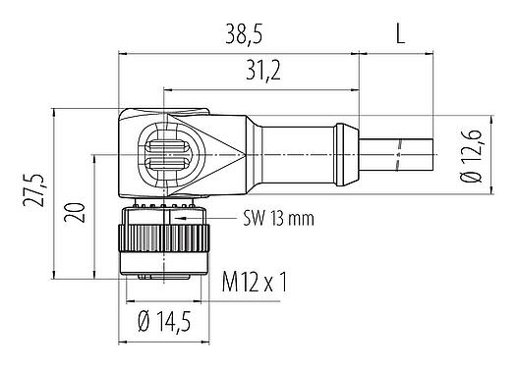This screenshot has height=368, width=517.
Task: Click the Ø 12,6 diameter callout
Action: [x=471, y=157]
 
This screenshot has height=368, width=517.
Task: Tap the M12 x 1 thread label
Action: [x=254, y=284]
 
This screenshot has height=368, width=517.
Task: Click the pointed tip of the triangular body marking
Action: [x=247, y=153]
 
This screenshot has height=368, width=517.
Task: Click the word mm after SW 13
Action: [x=300, y=218]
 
